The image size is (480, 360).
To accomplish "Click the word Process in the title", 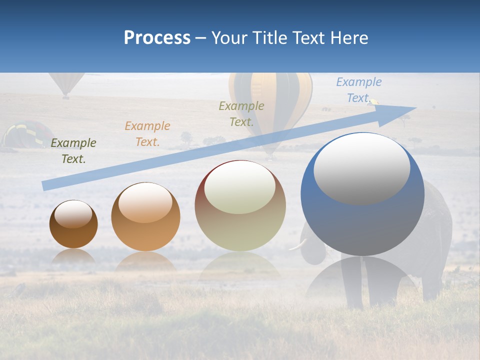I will click(157, 38).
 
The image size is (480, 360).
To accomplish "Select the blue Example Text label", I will click(358, 90).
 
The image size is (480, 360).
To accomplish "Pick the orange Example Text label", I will click(147, 134).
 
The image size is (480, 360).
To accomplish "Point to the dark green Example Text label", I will click(73, 151).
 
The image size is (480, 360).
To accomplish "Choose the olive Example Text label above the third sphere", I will click(241, 113).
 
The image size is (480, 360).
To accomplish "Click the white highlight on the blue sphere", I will click(361, 168).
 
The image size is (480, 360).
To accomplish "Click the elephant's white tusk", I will click(299, 244).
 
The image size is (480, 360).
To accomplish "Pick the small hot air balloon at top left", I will click(66, 82).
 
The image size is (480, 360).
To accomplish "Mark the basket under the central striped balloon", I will click(270, 157).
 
